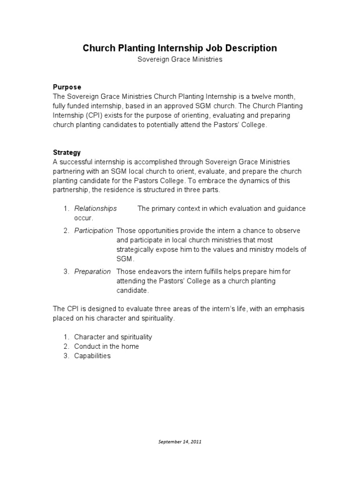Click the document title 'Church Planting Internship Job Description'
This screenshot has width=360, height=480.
180,48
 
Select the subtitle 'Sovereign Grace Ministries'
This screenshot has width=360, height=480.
180,60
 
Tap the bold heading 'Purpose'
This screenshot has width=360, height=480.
67,87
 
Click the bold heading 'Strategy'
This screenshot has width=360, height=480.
67,153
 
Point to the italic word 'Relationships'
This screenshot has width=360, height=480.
96,209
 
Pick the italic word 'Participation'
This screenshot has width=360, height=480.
94,231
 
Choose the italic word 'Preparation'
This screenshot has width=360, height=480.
93,271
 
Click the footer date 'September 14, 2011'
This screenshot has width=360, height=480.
180,442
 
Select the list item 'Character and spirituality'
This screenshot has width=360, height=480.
113,337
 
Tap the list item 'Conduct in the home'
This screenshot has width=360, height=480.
106,346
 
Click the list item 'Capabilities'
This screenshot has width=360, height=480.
92,356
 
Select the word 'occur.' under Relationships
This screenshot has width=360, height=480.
84,218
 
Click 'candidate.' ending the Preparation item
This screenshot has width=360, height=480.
133,291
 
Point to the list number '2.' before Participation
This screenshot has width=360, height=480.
67,231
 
